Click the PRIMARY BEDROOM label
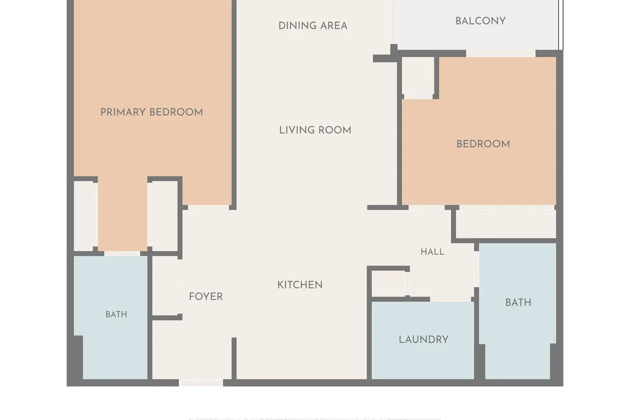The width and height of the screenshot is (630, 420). (152, 112)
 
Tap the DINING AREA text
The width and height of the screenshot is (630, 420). (313, 26)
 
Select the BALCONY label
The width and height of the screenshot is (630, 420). (480, 21)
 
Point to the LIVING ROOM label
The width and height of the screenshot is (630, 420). (315, 130)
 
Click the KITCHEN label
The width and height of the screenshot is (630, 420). (300, 285)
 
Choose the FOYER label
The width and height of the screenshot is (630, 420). (206, 297)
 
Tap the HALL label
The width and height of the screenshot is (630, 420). (432, 252)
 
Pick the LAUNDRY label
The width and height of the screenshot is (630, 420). (423, 339)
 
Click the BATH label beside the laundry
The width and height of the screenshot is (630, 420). (518, 303)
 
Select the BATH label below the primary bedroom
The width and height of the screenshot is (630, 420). (116, 314)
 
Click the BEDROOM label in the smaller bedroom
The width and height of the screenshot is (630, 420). (483, 144)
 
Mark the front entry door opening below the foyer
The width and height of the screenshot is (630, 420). (201, 382)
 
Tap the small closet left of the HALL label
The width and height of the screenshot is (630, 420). (388, 283)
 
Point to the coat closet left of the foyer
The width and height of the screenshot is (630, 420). (165, 286)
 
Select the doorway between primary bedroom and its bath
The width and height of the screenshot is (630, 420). (122, 253)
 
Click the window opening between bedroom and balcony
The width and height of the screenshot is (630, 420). (501, 53)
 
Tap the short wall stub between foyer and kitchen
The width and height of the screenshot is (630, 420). (234, 359)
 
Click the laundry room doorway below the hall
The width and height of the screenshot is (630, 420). (451, 299)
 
